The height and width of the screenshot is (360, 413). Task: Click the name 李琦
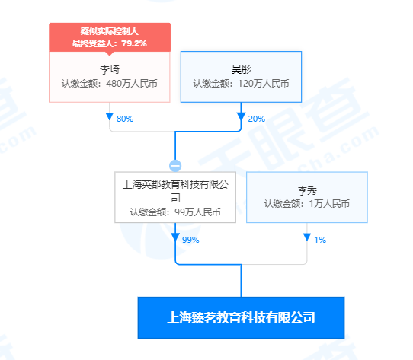click(x=110, y=69)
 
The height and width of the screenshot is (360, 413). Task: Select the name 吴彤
click(x=241, y=69)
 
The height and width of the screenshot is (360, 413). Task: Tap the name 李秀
click(x=307, y=190)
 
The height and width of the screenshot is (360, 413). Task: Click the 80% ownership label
click(x=125, y=119)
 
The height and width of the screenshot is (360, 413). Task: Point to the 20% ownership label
click(x=257, y=119)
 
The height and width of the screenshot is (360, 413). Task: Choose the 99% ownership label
click(x=190, y=240)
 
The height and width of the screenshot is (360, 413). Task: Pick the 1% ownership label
click(x=320, y=240)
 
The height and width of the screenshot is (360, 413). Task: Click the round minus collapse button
click(x=175, y=166)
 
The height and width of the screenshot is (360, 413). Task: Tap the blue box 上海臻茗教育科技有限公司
click(x=241, y=318)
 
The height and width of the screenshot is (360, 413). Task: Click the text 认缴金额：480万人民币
click(x=110, y=84)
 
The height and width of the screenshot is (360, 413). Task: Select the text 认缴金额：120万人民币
click(x=241, y=84)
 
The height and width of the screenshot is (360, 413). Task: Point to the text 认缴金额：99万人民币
click(x=175, y=212)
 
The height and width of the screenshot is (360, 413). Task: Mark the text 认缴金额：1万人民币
click(x=307, y=204)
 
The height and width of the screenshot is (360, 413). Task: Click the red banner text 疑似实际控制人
click(x=110, y=31)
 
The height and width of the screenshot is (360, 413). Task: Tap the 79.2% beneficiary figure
click(x=134, y=43)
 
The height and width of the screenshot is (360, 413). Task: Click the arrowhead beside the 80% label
click(x=110, y=116)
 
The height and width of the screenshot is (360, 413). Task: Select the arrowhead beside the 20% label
click(x=241, y=116)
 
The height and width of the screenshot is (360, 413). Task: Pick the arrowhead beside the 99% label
click(x=175, y=237)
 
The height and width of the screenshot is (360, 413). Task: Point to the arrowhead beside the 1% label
click(x=307, y=237)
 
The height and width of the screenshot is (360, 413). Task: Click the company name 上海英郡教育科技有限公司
click(x=175, y=191)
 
